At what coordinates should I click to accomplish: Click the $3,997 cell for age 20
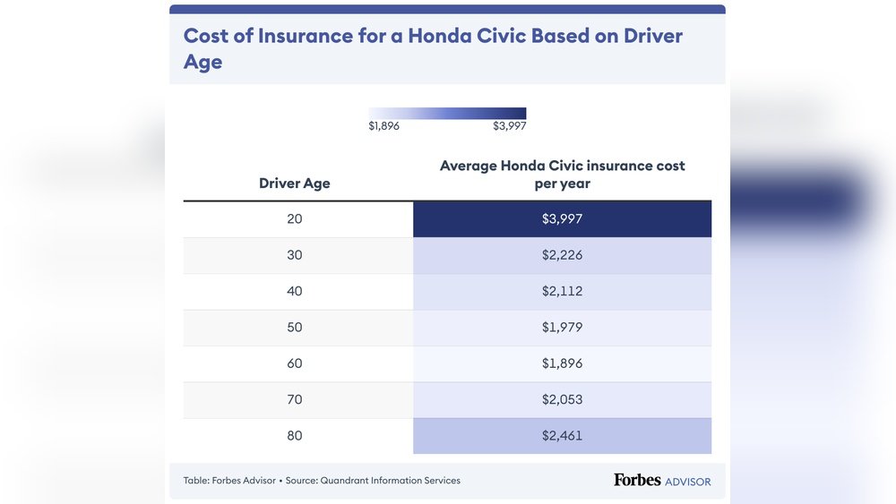coord(562,218)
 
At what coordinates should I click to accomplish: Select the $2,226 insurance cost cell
coord(562,255)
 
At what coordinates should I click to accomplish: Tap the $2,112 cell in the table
coord(562,291)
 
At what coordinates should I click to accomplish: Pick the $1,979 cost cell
coord(562,328)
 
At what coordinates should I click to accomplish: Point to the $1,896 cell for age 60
coord(562,363)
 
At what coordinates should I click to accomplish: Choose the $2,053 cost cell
coord(562,400)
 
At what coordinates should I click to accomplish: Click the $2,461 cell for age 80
coord(562,436)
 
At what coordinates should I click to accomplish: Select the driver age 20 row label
coord(295,218)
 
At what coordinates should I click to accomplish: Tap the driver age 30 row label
coord(295,255)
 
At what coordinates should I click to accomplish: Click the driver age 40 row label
coord(295,291)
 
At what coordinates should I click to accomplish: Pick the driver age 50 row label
coord(295,328)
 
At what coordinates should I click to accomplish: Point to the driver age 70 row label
coord(295,400)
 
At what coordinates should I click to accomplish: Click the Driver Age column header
coord(295,184)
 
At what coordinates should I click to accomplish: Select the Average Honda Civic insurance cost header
coord(562,175)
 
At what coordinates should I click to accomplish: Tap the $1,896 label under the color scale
coord(383,126)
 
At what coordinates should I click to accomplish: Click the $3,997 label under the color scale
coord(509,126)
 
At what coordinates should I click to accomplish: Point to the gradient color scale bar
coord(447,113)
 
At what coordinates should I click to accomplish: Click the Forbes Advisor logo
coord(662,481)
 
